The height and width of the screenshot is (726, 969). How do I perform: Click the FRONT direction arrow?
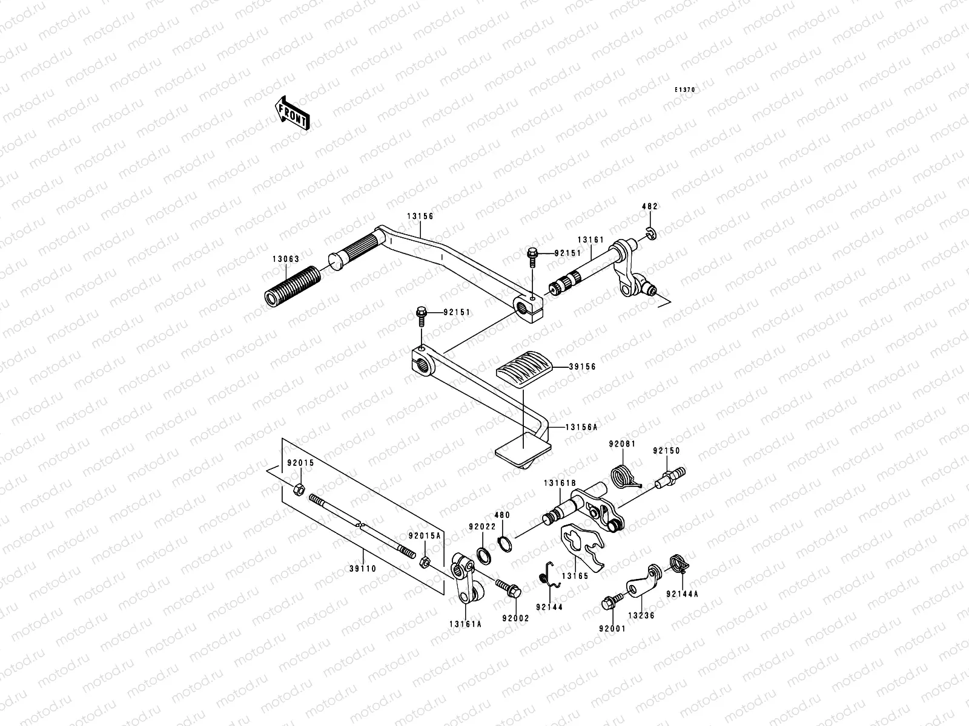point(292,113)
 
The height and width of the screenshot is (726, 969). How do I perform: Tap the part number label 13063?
point(286,259)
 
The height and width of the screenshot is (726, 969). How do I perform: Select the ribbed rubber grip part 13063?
point(293,287)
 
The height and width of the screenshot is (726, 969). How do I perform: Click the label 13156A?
point(581,427)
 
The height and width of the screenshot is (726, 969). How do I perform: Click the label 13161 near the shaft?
point(590,240)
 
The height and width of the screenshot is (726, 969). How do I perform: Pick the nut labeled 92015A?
point(425,562)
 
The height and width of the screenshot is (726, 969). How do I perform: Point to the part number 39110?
point(363,569)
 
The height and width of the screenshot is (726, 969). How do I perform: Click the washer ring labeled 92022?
point(484,556)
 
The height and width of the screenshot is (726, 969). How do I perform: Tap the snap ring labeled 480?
point(504,544)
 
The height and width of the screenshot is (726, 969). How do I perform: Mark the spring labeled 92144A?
point(680,564)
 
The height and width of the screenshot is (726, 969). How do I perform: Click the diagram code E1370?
point(685,90)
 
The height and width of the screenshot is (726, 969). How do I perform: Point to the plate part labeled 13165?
point(582,546)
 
